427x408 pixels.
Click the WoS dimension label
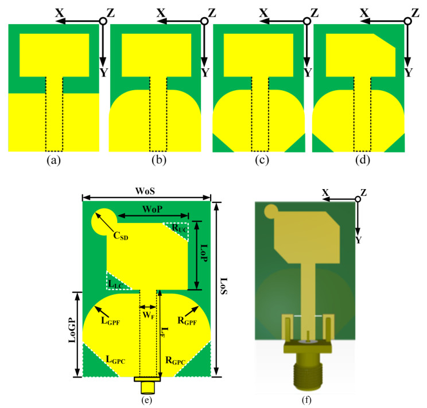pos(145,191)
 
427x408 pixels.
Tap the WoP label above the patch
pos(153,209)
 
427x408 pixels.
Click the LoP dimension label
pos(204,253)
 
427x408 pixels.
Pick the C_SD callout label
pos(121,236)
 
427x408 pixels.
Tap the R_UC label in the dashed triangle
pos(180,228)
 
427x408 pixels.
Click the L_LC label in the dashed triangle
pos(116,284)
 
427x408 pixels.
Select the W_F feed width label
pos(149,315)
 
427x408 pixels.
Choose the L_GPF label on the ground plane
pos(111,321)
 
